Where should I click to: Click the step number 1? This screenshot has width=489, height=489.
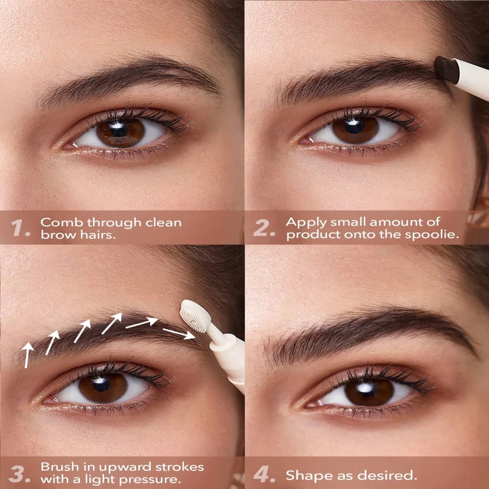tap(20, 228)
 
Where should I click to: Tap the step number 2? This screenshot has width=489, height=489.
tap(264, 228)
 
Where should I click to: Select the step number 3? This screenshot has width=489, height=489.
tap(20, 474)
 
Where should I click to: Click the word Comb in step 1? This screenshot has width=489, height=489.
tap(62, 223)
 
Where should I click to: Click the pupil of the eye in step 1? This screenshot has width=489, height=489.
tap(119, 130)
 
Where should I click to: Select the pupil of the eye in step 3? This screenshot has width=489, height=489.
tap(101, 384)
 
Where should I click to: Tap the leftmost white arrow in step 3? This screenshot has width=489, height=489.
tap(28, 355)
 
